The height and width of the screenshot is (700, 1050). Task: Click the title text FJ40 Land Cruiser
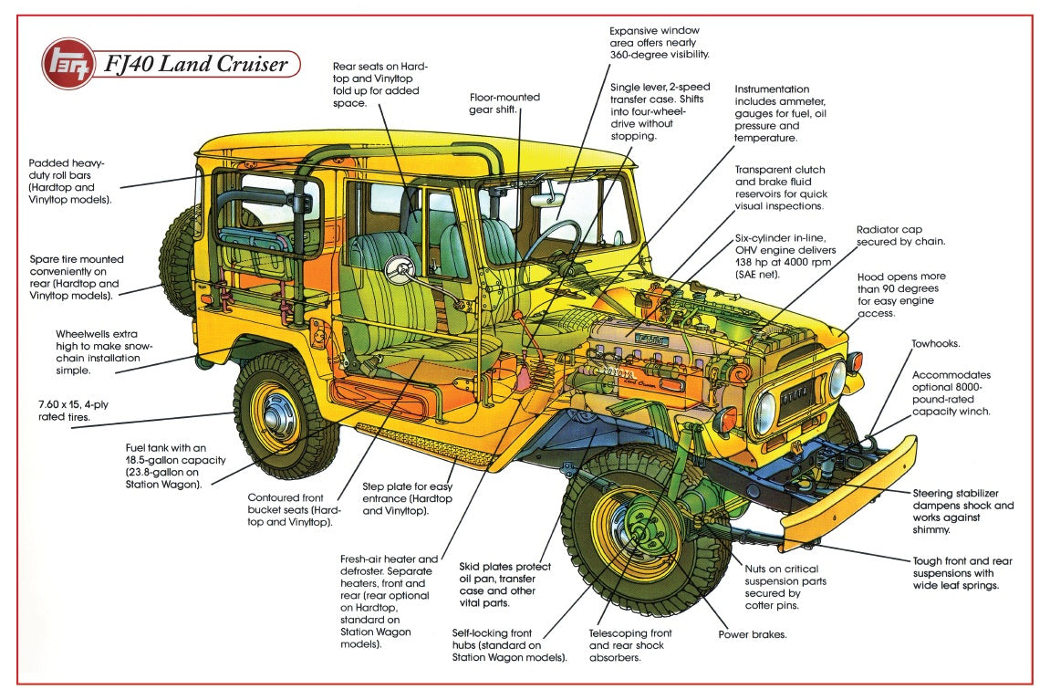(196, 64)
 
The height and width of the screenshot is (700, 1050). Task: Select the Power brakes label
(753, 634)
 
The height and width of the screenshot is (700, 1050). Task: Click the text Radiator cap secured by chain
(900, 235)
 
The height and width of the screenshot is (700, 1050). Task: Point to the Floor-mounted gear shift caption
(504, 103)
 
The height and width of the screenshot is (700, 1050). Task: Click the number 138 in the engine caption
(747, 262)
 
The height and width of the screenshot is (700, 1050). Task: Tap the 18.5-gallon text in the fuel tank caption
(155, 460)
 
